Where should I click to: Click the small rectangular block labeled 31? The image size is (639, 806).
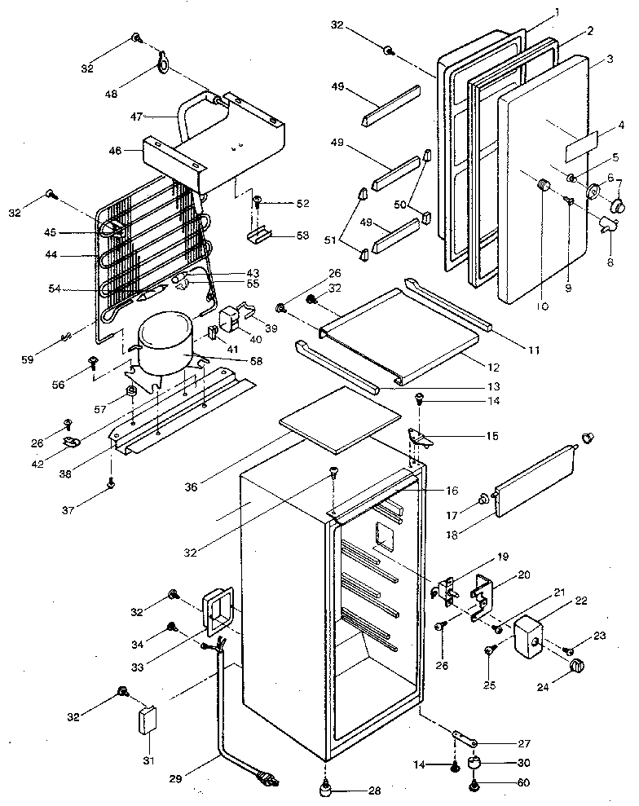click(148, 720)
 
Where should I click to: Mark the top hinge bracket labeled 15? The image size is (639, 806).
click(422, 438)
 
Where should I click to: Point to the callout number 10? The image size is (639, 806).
click(543, 307)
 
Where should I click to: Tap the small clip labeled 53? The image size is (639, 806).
click(260, 236)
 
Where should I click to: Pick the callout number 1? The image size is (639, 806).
click(557, 12)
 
